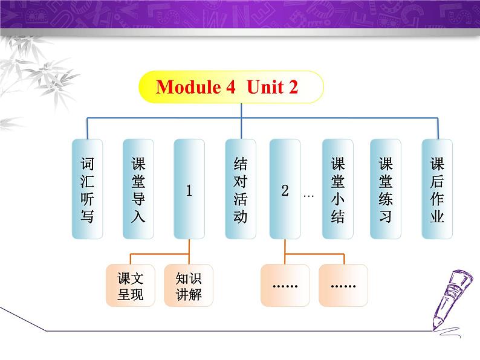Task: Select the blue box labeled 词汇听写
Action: (x=87, y=188)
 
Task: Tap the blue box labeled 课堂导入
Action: (x=138, y=188)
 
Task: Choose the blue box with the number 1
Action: (x=189, y=188)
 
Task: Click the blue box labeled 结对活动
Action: (x=240, y=188)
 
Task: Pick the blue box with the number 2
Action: (x=285, y=188)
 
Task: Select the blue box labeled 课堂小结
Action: (x=337, y=188)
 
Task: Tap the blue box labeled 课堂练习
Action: (x=385, y=188)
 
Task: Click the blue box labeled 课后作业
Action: (x=436, y=188)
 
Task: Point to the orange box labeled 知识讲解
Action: (x=188, y=286)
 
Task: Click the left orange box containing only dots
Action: (x=285, y=286)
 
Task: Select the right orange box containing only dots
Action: (x=343, y=286)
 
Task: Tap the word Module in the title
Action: (x=187, y=87)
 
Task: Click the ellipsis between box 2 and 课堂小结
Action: (x=308, y=195)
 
